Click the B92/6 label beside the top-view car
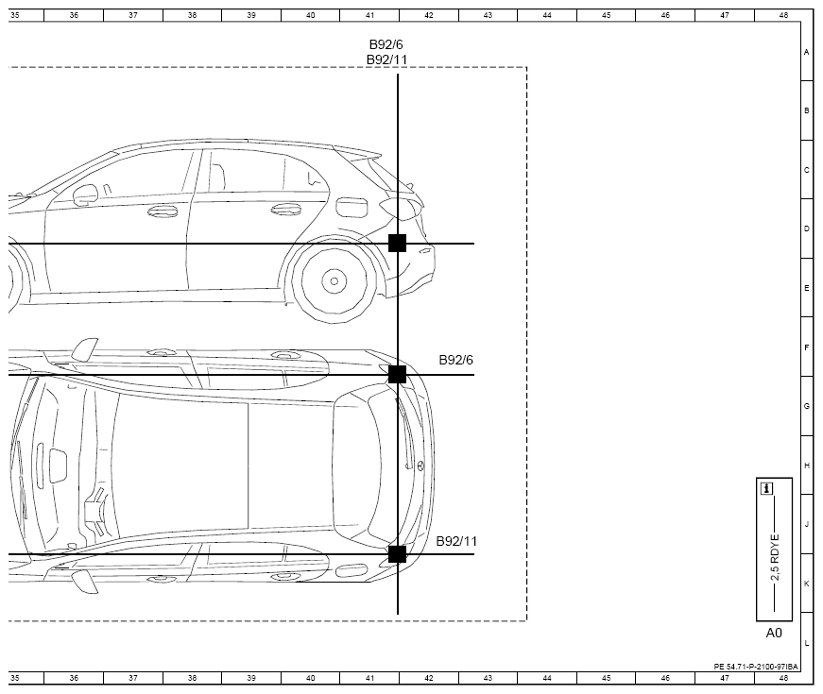click(x=455, y=360)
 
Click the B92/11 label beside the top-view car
click(x=456, y=541)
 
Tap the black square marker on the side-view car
click(x=398, y=244)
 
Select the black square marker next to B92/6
click(x=398, y=375)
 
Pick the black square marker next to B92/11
click(x=398, y=554)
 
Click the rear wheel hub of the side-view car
click(x=334, y=281)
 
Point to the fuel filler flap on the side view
click(x=351, y=206)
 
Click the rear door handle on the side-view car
click(x=286, y=210)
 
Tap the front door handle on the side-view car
click(x=163, y=212)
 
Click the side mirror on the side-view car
click(x=86, y=195)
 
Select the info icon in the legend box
click(x=767, y=489)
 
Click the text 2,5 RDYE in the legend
click(x=775, y=557)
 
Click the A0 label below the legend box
click(x=774, y=634)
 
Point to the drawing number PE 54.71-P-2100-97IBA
click(x=756, y=667)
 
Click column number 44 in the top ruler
click(x=547, y=15)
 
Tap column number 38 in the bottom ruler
click(x=192, y=678)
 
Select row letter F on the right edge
click(x=807, y=347)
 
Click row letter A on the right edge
click(x=807, y=52)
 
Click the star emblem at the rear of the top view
click(x=420, y=465)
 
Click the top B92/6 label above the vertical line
click(x=386, y=44)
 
